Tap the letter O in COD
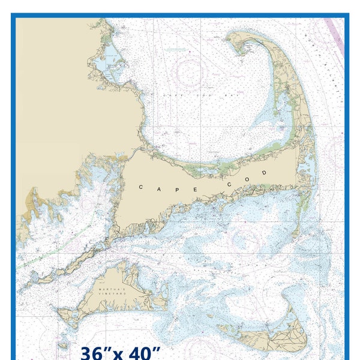[247, 176]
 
